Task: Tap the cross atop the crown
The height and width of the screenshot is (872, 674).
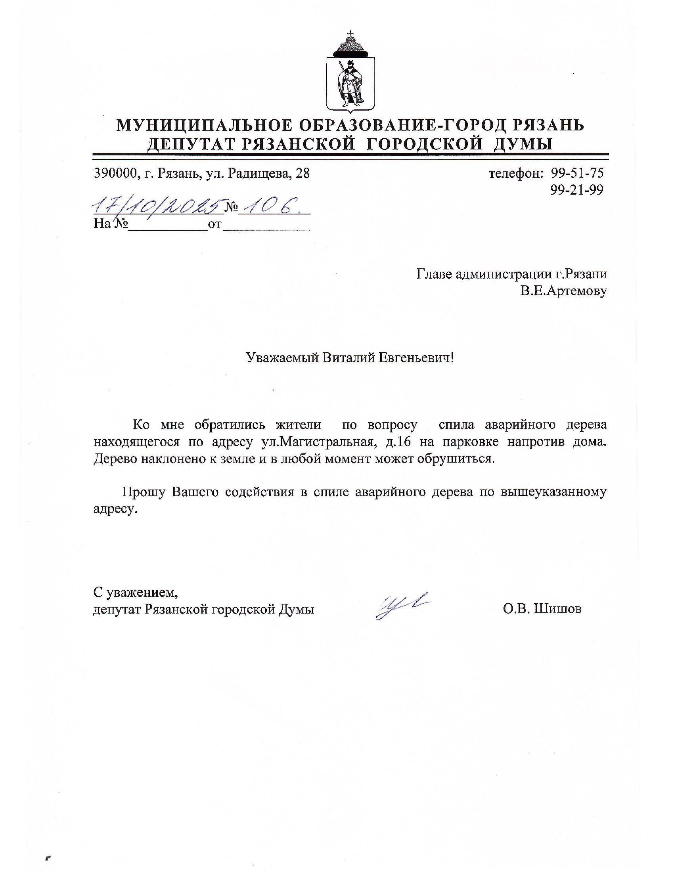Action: [350, 33]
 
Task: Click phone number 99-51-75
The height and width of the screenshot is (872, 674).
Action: [577, 173]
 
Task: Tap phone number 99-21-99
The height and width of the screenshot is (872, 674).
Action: [577, 190]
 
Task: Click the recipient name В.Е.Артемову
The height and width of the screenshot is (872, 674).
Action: [563, 291]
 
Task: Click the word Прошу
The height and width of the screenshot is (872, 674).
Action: [144, 492]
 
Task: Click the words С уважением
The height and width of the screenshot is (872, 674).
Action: [135, 592]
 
